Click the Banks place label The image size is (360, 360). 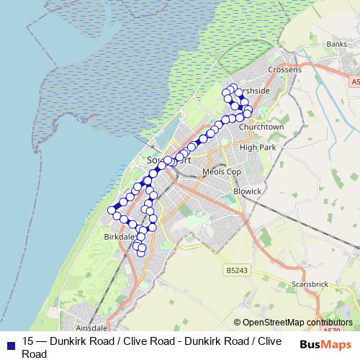(x=336, y=44)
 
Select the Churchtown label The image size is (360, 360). (x=262, y=126)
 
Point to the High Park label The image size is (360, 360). (x=258, y=147)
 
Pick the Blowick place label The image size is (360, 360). (x=247, y=192)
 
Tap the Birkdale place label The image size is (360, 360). (x=120, y=236)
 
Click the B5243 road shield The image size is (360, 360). (x=236, y=271)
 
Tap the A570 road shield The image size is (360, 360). (x=332, y=330)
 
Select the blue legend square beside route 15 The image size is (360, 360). (x=9, y=343)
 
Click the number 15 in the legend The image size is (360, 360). (x=28, y=341)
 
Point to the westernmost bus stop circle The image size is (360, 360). (x=112, y=210)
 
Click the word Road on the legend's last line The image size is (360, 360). (x=33, y=354)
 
